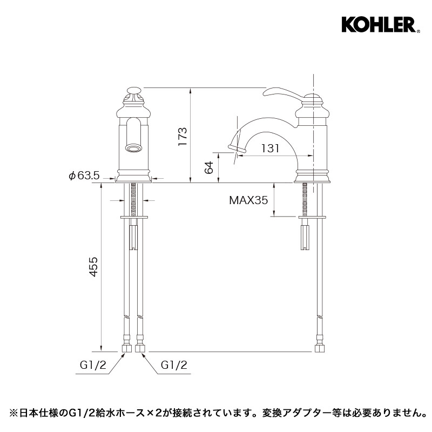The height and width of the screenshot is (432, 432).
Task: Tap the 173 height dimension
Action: click(x=183, y=137)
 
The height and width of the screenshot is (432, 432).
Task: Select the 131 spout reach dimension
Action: click(x=270, y=148)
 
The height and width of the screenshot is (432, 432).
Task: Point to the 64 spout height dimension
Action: click(x=210, y=168)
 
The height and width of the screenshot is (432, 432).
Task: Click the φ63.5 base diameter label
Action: click(x=84, y=175)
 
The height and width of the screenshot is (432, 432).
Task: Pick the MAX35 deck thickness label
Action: click(x=248, y=200)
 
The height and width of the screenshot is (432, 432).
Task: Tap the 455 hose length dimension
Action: click(x=93, y=266)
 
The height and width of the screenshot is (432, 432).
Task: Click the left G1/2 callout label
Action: click(x=93, y=366)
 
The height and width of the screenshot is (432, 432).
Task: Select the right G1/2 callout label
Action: click(x=174, y=366)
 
